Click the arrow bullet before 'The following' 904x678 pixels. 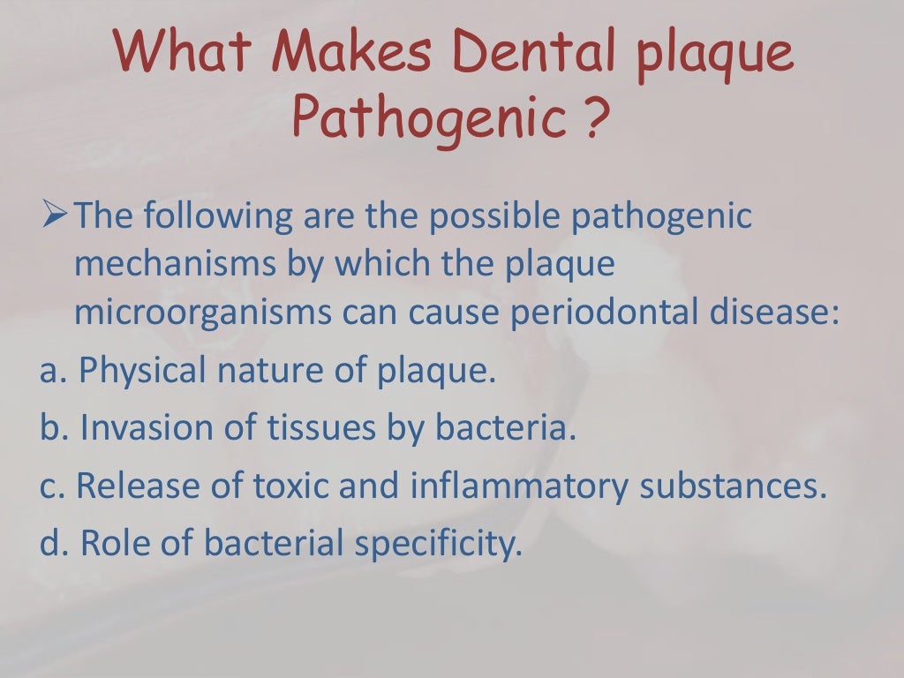55,215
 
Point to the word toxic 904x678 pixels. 282,486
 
